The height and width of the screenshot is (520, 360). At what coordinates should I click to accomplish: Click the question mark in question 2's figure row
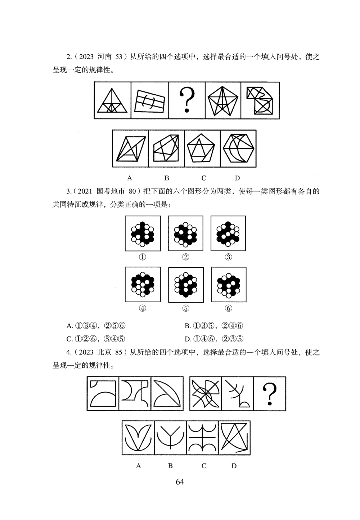click(187, 100)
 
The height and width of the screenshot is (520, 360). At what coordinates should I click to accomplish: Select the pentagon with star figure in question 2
click(224, 100)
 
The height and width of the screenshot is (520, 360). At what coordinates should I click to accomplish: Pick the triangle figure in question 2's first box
click(113, 101)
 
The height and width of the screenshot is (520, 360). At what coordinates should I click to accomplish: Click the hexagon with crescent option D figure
click(238, 148)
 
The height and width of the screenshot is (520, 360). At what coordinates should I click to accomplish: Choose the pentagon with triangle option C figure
click(202, 148)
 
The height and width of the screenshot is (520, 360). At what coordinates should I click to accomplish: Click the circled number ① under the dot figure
click(143, 257)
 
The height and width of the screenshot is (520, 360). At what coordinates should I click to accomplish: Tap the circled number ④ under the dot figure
click(143, 308)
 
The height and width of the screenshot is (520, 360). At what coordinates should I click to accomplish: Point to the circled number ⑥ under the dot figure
click(229, 308)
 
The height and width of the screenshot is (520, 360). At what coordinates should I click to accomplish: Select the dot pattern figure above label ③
click(228, 233)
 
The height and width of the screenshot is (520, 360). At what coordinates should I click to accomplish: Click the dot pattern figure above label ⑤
click(185, 284)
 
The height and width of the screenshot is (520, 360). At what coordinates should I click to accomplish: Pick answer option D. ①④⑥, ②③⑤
click(214, 339)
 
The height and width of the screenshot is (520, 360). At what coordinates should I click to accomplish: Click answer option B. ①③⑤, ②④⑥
click(214, 326)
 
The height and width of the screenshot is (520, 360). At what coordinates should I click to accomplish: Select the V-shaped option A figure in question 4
click(138, 438)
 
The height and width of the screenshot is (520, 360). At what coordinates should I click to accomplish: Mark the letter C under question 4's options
click(204, 466)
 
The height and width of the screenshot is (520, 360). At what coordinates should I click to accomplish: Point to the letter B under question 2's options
click(167, 178)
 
